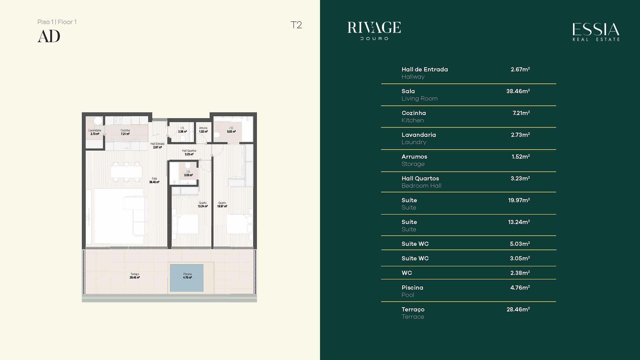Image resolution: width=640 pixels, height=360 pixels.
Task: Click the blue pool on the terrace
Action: coord(187,278)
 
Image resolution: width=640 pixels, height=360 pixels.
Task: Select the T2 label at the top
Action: coord(296,25)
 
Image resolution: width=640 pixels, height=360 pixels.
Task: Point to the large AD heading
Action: coord(49,36)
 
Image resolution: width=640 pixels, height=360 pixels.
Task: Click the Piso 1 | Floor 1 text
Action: coord(57,22)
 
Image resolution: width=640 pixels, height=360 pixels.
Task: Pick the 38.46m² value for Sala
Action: coord(518,91)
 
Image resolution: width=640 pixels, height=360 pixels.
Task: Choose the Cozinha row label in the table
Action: coord(414,113)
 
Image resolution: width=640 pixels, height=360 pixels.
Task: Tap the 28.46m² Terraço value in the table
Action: coord(518,309)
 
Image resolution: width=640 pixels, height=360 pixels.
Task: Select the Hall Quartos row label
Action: coord(420,178)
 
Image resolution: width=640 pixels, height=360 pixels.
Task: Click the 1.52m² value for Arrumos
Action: coord(521,156)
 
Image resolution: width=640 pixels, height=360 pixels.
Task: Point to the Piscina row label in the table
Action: coord(412,288)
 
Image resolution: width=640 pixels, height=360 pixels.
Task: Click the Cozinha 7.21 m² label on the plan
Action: coord(125,132)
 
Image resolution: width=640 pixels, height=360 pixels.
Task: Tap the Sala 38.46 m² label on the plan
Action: coord(154,180)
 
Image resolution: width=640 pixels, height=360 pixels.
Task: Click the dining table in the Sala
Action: coord(126,172)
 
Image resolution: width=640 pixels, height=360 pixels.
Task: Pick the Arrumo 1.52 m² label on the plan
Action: coord(203,130)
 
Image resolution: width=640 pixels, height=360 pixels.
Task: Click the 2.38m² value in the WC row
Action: coord(520,273)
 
